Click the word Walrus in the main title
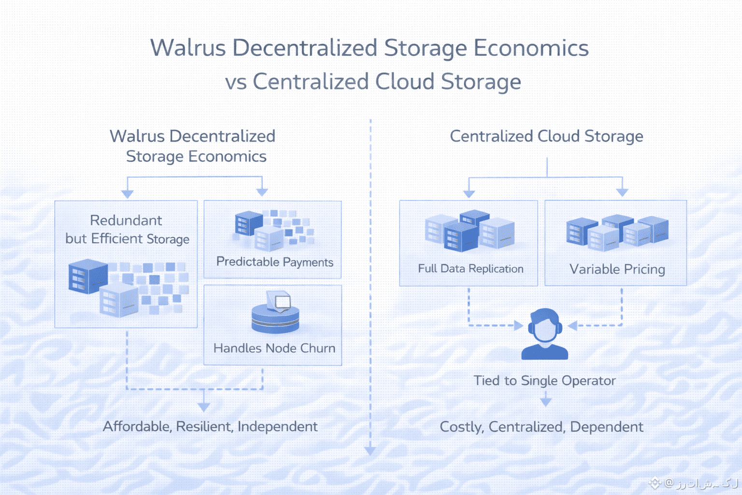(x=188, y=48)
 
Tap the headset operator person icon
(x=544, y=334)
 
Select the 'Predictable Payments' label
(x=274, y=262)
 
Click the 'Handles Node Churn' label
(x=274, y=348)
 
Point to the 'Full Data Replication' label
(x=471, y=269)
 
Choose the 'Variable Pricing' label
(x=617, y=269)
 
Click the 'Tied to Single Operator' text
(x=544, y=381)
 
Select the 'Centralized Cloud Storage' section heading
(x=546, y=136)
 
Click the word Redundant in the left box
(x=126, y=220)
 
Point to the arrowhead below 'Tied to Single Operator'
(x=546, y=402)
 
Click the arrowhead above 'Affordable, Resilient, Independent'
(x=204, y=407)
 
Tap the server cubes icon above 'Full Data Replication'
(x=470, y=231)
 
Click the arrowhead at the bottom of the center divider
(x=370, y=451)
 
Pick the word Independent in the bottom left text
(x=277, y=426)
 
